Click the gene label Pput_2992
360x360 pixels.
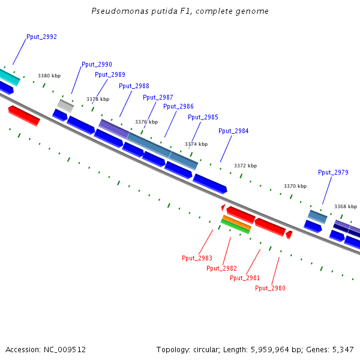click(41, 37)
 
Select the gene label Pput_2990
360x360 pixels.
click(97, 65)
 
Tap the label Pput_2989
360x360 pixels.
click(110, 75)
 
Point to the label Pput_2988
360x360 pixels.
click(134, 86)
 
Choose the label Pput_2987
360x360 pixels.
click(158, 98)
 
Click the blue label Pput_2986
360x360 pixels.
click(178, 107)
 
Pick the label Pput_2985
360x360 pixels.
click(203, 118)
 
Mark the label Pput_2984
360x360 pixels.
click(233, 131)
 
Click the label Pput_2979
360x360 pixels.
click(333, 173)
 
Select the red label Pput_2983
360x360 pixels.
click(197, 259)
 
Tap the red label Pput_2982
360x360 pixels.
click(221, 269)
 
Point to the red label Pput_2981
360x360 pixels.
click(245, 278)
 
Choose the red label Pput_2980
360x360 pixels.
click(270, 289)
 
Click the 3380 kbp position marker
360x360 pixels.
click(49, 76)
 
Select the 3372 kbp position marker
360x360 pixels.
click(245, 166)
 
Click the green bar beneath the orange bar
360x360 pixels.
click(235, 227)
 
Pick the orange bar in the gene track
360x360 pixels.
click(236, 222)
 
